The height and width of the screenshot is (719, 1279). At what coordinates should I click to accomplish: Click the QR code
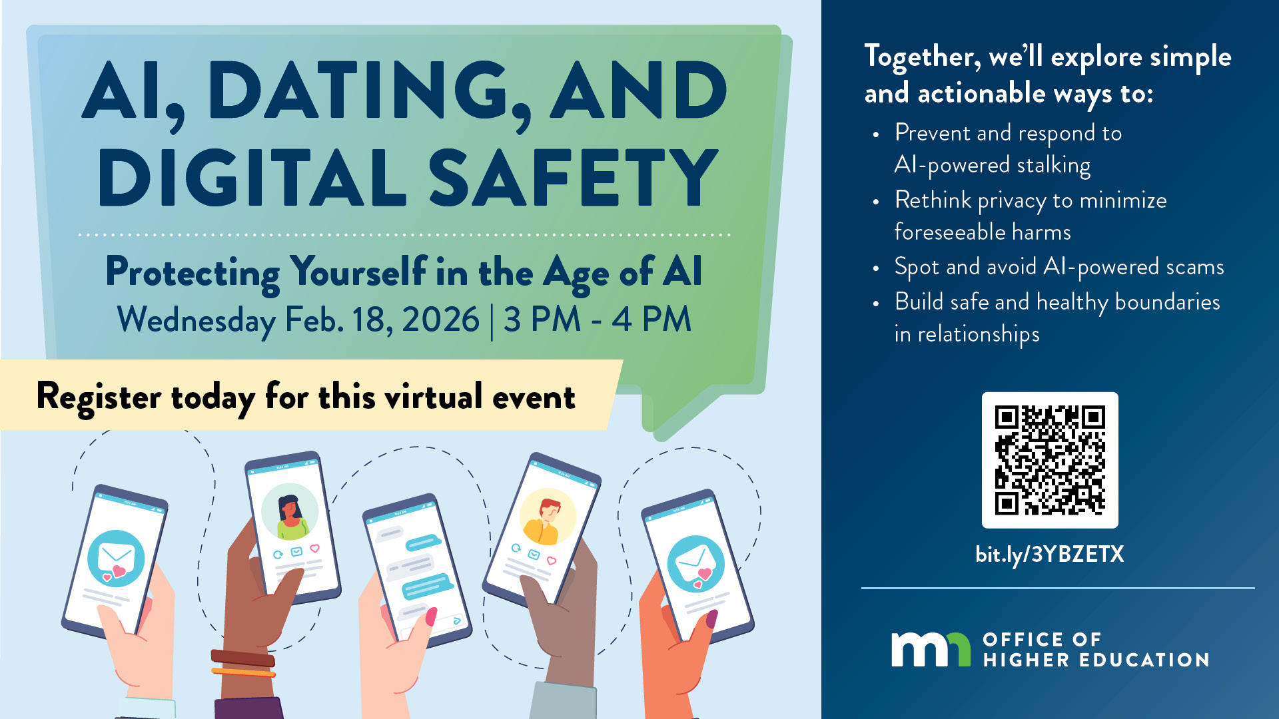1050,460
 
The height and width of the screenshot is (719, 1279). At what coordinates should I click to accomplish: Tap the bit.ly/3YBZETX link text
1050,554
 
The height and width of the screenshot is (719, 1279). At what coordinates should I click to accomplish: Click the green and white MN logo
931,649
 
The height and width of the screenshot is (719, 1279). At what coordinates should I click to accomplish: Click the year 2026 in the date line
440,320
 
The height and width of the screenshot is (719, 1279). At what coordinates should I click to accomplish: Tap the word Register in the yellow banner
99,397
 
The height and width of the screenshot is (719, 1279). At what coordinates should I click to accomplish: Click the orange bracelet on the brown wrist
243,672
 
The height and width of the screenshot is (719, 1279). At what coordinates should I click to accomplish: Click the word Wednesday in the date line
197,320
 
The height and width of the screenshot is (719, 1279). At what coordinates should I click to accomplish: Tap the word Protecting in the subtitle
193,272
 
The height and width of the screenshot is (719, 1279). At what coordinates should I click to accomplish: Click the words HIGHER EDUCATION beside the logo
1096,660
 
